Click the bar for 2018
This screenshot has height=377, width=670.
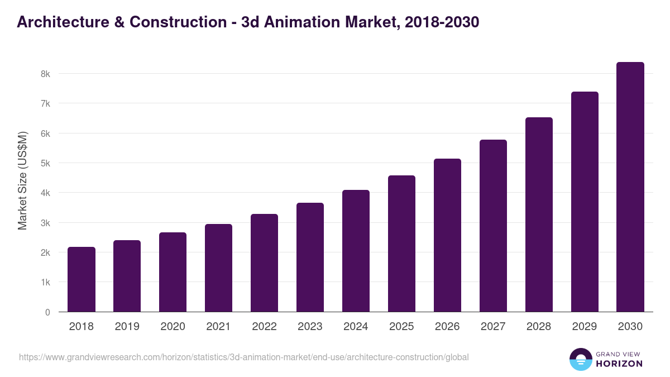point(82,279)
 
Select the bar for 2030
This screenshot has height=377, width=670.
point(630,187)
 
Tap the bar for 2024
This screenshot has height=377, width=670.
point(356,251)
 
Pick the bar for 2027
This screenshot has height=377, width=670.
point(493,226)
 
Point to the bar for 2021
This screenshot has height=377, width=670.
point(218,268)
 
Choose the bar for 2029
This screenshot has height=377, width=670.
point(585,202)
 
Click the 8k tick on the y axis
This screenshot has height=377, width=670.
point(45,74)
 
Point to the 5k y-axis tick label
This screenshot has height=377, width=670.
point(45,163)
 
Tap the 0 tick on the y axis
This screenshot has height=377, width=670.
point(47,312)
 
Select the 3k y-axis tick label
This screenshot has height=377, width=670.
point(45,223)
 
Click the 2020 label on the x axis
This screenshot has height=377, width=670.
point(173,327)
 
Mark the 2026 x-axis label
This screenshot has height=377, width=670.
point(447,327)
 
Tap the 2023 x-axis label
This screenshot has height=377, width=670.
point(310,327)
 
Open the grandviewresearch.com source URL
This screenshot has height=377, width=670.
point(244,357)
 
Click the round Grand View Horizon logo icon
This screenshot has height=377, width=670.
point(580,359)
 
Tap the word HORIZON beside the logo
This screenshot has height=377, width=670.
point(619,364)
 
